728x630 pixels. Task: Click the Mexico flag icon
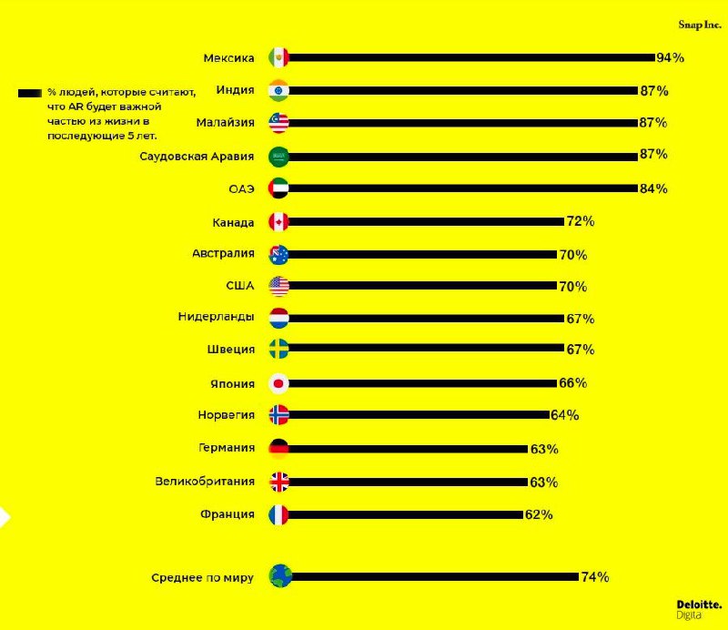point(278,57)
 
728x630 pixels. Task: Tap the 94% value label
point(670,57)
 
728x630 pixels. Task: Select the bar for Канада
point(426,221)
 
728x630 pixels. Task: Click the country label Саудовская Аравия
point(197,156)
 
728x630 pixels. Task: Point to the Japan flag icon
point(278,382)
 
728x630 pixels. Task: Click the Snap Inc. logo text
point(700,25)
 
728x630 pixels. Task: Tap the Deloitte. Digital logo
point(699,608)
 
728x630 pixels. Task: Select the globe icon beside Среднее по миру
point(278,575)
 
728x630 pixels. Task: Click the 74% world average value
point(595,576)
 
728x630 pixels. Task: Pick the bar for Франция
point(406,514)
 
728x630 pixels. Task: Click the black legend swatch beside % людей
point(30,92)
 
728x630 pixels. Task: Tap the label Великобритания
point(205,482)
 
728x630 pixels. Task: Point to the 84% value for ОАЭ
point(653,188)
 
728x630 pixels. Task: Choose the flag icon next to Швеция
point(278,349)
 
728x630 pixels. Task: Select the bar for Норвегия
point(419,415)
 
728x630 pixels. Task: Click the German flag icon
point(278,448)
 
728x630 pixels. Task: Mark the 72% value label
point(580,221)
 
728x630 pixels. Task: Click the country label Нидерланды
point(216,317)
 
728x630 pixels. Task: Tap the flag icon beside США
point(278,286)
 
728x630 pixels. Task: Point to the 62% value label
point(538,514)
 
